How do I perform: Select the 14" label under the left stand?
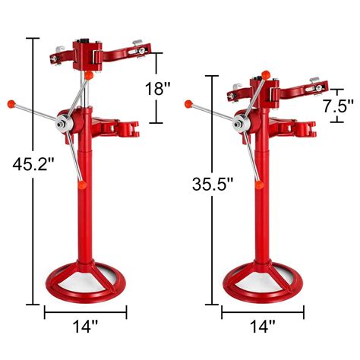point(87,327)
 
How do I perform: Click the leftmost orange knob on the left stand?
point(10,102)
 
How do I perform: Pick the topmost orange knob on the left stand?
point(89,75)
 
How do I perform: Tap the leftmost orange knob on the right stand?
point(187,102)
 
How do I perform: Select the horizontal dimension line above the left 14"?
point(86,311)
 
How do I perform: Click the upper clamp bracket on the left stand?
point(95,52)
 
